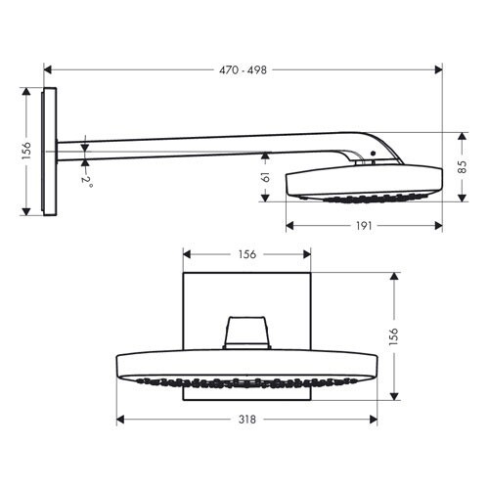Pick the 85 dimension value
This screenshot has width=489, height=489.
tap(463, 166)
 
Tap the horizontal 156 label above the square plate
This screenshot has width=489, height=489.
tap(246, 254)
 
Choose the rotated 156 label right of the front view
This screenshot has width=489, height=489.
tap(393, 335)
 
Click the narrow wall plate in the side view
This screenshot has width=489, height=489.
tap(50, 153)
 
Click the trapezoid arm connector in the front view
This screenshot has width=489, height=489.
tap(245, 332)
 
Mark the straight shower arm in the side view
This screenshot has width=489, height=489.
tap(196, 144)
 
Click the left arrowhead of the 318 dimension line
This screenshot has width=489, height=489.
tap(119, 419)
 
